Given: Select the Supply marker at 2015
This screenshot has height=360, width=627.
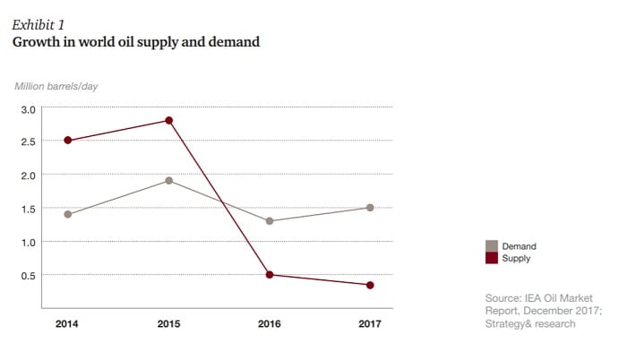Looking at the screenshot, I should tap(168, 121).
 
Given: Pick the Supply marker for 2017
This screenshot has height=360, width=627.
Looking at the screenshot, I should tap(370, 286).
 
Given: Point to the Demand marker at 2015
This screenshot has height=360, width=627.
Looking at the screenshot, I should tap(168, 181).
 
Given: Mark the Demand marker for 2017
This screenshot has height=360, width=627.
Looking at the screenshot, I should tap(370, 208).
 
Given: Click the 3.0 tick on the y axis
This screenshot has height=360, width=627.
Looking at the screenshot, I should tap(28, 108).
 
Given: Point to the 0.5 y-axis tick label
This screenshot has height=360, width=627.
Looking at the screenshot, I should tap(28, 275).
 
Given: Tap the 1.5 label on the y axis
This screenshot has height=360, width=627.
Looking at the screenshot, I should tap(28, 209).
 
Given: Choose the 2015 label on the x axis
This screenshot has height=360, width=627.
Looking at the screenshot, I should tap(168, 324).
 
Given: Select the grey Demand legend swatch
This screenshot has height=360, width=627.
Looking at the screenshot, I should tap(491, 245).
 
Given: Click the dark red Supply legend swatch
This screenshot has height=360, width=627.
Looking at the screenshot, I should tap(491, 258).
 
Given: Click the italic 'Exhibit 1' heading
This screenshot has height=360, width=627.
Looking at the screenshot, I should tap(38, 24).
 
